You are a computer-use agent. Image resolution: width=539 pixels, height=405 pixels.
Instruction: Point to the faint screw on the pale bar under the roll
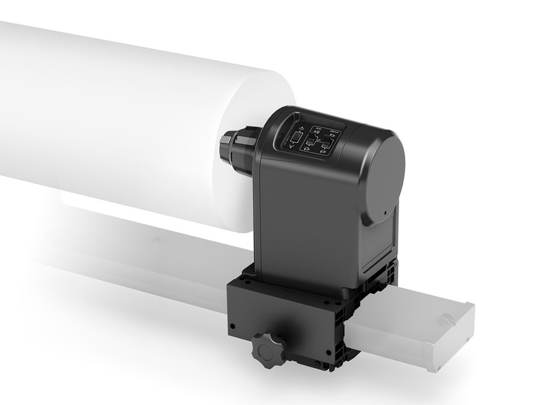pyautogui.click(x=156, y=238)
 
